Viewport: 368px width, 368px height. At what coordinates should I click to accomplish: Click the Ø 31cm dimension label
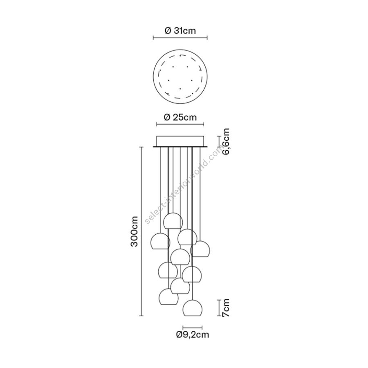[x=180, y=31]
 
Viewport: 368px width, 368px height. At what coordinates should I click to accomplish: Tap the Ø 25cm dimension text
[x=180, y=117]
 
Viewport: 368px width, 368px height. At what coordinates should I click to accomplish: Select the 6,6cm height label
[x=226, y=141]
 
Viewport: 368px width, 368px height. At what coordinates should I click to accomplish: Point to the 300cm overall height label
[x=134, y=231]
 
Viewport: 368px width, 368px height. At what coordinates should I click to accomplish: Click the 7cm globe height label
[x=226, y=307]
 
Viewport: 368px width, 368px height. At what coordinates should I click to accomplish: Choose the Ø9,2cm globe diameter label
[x=193, y=334]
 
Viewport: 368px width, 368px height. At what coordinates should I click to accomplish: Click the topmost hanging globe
[x=173, y=221]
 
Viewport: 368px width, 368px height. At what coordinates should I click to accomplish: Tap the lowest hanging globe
[x=193, y=308]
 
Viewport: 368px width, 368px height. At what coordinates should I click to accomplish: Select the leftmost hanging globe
[x=160, y=241]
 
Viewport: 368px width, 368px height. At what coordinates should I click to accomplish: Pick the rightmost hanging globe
[x=200, y=249]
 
